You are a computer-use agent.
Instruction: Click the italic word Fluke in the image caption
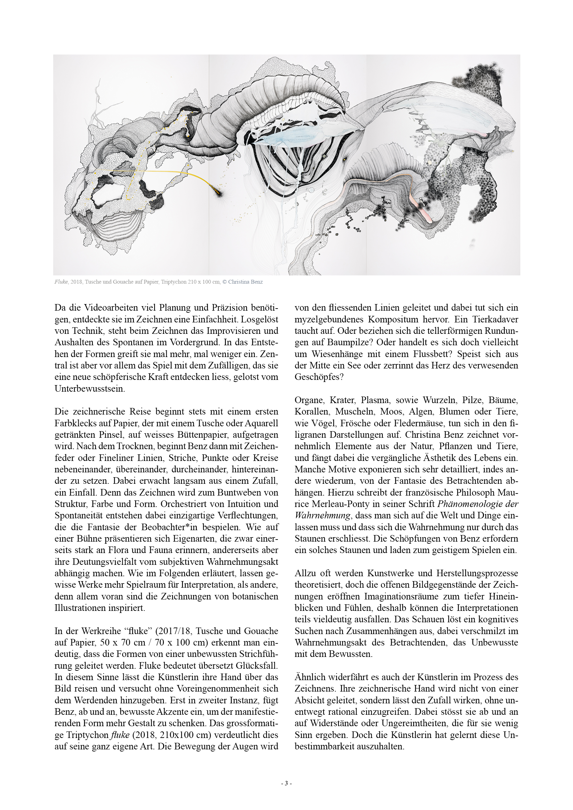tap(61, 282)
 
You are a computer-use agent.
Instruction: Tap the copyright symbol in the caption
tap(224, 282)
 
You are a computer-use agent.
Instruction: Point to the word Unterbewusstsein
tap(90, 389)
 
